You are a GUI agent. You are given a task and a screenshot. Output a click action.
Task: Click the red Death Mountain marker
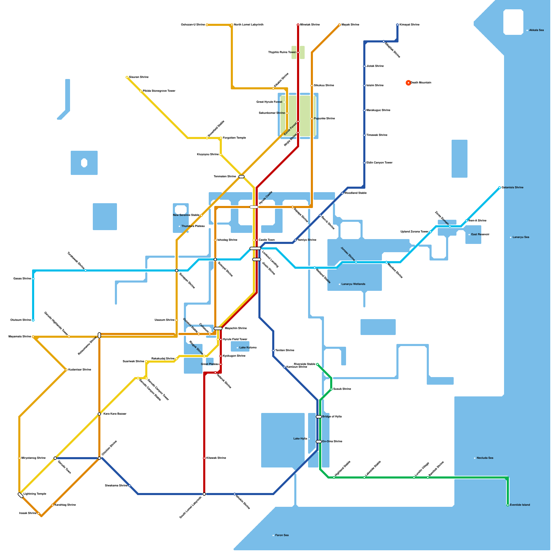[x=408, y=83]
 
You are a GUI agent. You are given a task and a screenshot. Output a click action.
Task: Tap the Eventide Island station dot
[x=508, y=505]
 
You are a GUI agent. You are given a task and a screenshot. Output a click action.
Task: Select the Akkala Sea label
[x=536, y=30]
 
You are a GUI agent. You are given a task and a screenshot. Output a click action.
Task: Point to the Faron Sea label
[x=282, y=535]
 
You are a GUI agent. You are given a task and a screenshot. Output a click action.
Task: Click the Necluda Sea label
[x=485, y=458]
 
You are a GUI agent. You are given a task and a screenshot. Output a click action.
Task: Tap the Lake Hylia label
[x=300, y=439]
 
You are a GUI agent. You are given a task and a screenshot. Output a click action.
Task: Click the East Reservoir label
[x=480, y=235]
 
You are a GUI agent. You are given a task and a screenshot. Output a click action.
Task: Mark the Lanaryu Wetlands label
[x=353, y=284]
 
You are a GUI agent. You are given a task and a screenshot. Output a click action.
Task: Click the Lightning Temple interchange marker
[x=21, y=495]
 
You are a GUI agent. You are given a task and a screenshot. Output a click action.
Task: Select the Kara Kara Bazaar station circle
[x=99, y=414]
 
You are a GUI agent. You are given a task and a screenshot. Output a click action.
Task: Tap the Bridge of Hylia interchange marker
[x=319, y=417]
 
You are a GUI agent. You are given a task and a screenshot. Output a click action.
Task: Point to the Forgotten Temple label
[x=234, y=138]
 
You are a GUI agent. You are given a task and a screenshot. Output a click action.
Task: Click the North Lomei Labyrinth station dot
[x=232, y=25]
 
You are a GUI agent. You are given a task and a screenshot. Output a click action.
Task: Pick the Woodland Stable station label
[x=355, y=193]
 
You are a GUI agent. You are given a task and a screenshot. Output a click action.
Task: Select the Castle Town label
[x=267, y=240]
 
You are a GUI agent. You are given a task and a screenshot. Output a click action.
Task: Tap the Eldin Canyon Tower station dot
[x=364, y=163]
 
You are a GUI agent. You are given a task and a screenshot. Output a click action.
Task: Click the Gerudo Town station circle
[x=55, y=458]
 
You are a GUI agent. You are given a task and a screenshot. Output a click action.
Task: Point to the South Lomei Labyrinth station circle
[x=204, y=494]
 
